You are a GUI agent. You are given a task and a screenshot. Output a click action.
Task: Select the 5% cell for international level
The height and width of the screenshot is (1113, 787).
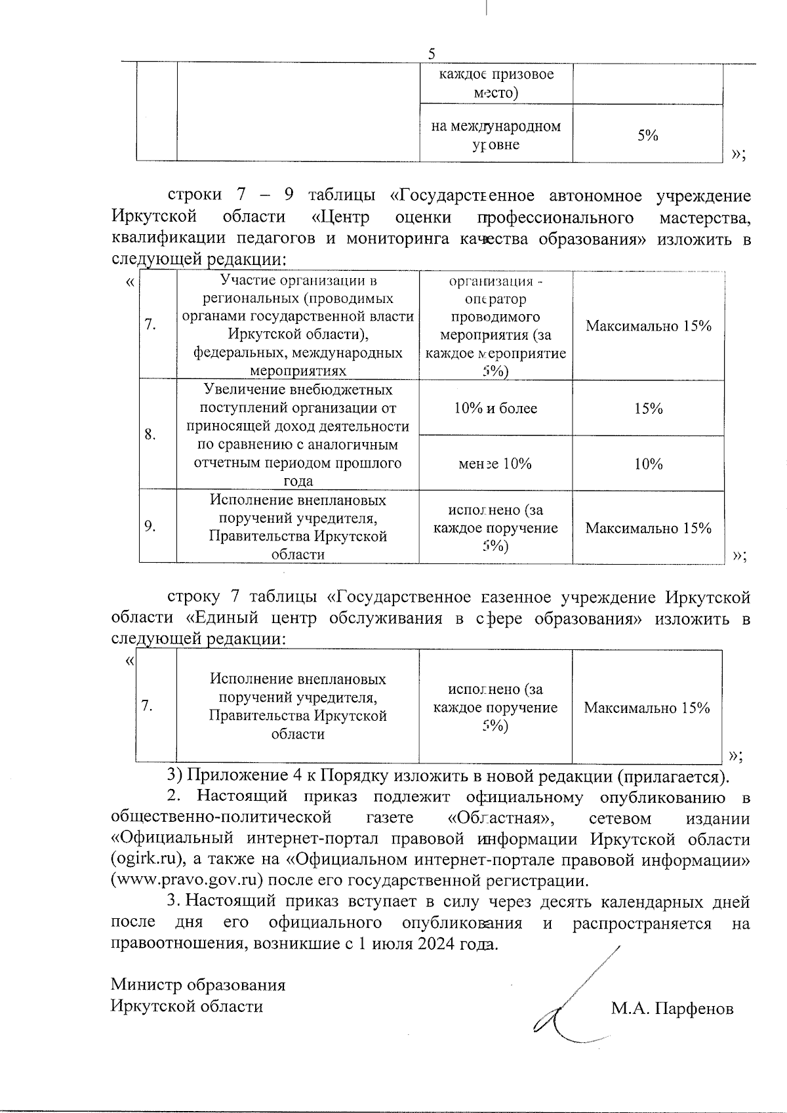click(x=647, y=135)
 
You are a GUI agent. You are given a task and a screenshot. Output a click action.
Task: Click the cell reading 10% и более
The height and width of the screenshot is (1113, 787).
click(x=495, y=409)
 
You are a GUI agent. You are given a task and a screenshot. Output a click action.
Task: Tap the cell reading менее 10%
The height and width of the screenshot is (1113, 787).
click(x=495, y=464)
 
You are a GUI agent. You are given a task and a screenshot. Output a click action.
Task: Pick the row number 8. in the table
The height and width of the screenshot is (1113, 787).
click(x=150, y=434)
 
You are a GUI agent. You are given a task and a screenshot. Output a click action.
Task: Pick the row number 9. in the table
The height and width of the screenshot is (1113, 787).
click(x=150, y=526)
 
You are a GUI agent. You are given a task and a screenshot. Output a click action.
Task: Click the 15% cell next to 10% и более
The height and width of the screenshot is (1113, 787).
click(x=648, y=409)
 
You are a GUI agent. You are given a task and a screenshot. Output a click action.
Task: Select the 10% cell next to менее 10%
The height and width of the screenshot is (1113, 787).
click(x=648, y=464)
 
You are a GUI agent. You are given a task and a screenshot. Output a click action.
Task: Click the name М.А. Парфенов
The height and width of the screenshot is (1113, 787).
click(x=672, y=1009)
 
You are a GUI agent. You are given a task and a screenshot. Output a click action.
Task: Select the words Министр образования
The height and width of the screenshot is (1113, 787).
click(x=198, y=985)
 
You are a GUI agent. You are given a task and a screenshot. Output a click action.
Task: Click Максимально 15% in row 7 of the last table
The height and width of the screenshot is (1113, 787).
click(x=647, y=708)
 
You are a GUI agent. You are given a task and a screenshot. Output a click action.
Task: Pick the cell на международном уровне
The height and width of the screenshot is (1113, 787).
click(x=496, y=135)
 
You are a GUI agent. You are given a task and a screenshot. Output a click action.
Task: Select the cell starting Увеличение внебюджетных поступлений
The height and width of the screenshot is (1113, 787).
click(x=298, y=435)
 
